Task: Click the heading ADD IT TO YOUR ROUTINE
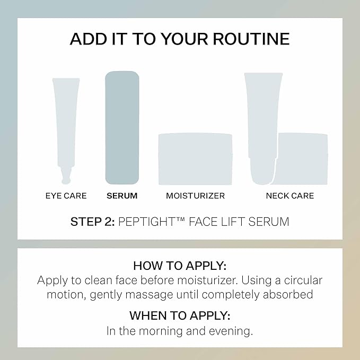[180, 39]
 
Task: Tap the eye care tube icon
[66, 122]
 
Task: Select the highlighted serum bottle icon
[122, 127]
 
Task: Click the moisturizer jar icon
[196, 159]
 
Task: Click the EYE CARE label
[66, 196]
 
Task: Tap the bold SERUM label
[122, 196]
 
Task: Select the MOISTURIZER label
[195, 196]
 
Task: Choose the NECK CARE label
[289, 196]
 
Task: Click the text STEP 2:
[93, 222]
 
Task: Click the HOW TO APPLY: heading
[180, 266]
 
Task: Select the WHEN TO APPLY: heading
[180, 315]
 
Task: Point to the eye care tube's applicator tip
[66, 174]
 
